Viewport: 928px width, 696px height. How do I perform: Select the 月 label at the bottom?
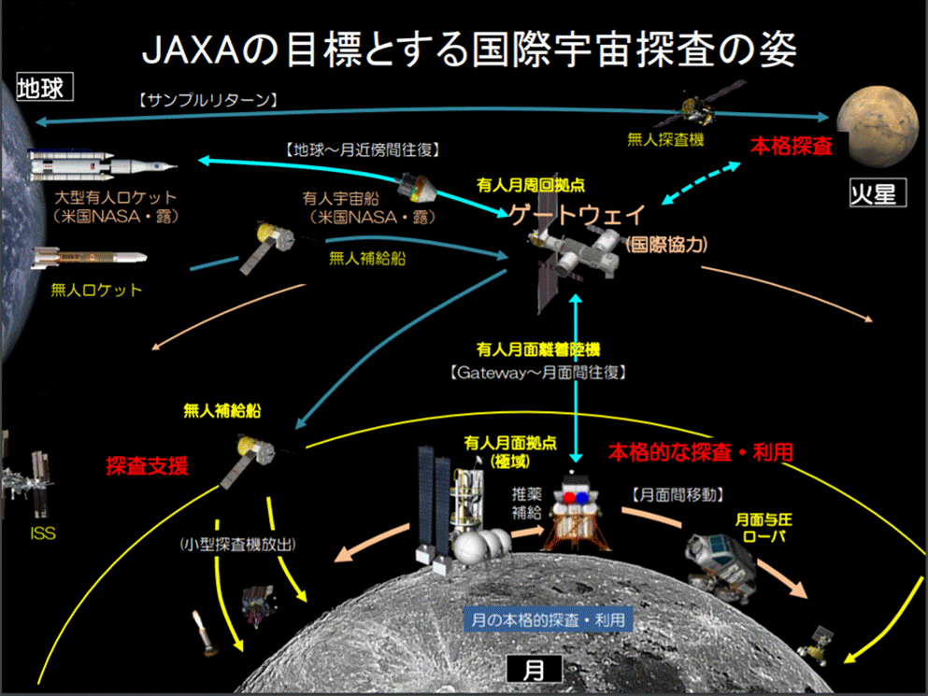tap(535, 668)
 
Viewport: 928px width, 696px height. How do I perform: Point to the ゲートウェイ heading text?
tap(576, 215)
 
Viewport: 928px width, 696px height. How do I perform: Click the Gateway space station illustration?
tap(572, 263)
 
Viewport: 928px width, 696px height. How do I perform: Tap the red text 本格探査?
tap(792, 147)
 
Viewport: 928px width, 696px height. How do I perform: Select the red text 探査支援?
tap(148, 466)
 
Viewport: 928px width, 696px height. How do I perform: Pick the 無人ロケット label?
tap(96, 290)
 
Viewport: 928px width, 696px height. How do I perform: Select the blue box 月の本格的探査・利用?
tap(548, 618)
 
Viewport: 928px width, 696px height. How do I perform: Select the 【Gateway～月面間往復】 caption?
tap(537, 371)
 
